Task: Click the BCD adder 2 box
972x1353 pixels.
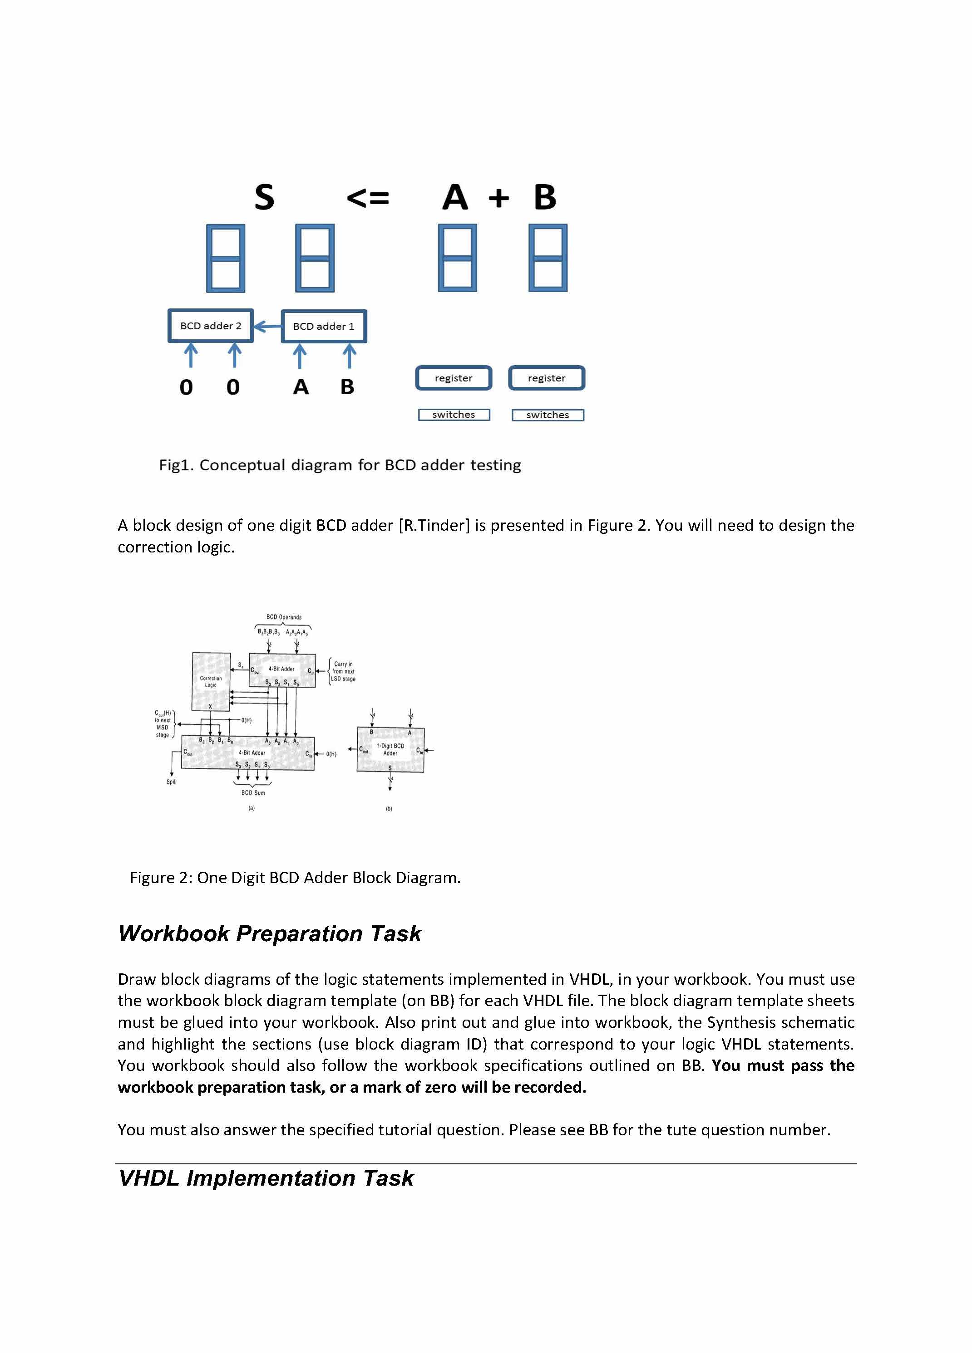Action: (x=211, y=326)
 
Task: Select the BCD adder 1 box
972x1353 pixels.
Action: (x=324, y=326)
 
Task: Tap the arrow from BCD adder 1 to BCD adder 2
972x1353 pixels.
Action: (x=267, y=326)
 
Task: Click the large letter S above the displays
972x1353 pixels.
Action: (x=264, y=197)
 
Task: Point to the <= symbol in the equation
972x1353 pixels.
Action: (x=368, y=197)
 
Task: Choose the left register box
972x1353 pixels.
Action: (x=454, y=378)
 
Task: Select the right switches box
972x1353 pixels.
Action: (x=548, y=415)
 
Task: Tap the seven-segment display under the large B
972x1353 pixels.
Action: (x=548, y=258)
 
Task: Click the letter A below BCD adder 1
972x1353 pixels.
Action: (x=301, y=387)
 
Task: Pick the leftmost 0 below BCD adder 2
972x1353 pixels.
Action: (x=186, y=387)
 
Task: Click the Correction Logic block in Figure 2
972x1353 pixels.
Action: (x=211, y=681)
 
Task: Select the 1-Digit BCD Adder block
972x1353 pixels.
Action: (x=390, y=750)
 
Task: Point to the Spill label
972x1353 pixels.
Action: (x=171, y=782)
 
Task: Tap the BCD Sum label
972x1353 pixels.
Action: (x=253, y=793)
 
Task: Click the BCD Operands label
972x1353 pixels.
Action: (x=284, y=617)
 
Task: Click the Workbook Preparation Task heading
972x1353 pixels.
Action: (x=269, y=933)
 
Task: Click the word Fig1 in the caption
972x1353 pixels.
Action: (x=176, y=465)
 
